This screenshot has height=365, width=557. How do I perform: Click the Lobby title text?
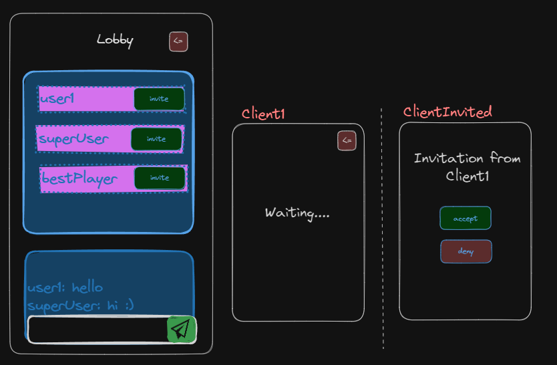coord(115,40)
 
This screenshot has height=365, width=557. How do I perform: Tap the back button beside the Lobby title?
coord(178,41)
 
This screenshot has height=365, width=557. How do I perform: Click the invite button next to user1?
coord(159,99)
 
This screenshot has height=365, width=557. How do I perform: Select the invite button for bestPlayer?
coord(160,178)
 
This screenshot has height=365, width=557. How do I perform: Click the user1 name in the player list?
coord(57,100)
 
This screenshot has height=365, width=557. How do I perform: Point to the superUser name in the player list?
coord(73,139)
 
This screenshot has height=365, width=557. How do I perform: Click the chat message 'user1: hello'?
coord(65,287)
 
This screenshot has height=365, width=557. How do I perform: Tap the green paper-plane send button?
coord(181,329)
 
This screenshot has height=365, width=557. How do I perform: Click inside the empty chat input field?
coord(97,329)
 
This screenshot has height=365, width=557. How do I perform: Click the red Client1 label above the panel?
coord(263,114)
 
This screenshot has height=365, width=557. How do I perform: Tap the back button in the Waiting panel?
coord(347,141)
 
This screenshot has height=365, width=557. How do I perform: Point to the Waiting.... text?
coord(297,213)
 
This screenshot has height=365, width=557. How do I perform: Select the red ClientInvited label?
coord(447,112)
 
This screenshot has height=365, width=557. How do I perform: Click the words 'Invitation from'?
coord(467,158)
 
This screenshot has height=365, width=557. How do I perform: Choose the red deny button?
coord(466,251)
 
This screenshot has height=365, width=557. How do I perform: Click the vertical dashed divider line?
coord(383,227)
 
